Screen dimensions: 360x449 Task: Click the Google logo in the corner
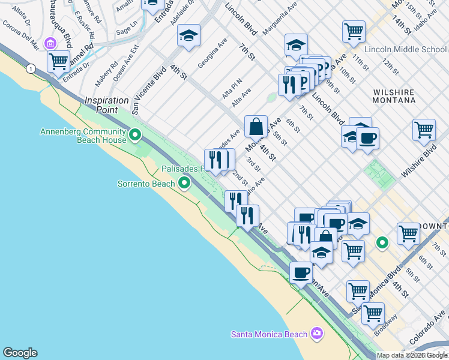[x=20, y=353]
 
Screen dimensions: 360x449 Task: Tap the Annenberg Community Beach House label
[x=83, y=136]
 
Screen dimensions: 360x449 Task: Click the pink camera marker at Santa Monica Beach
[x=317, y=334]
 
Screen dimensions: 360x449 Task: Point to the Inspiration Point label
[x=107, y=105]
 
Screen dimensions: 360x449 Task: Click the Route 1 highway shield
[x=31, y=70]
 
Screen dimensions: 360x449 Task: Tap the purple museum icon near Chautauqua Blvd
[x=50, y=44]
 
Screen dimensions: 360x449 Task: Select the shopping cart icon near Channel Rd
[x=59, y=61]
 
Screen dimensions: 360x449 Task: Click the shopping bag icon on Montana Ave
[x=256, y=127]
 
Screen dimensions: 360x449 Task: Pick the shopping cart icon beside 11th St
[x=354, y=31]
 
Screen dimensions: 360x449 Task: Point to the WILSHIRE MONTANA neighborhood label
[x=394, y=96]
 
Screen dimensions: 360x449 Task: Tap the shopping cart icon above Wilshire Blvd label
[x=424, y=130]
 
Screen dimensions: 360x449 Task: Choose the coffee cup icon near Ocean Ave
[x=301, y=273]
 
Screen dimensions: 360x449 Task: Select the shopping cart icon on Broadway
[x=373, y=313]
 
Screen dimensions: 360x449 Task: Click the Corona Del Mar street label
[x=20, y=35]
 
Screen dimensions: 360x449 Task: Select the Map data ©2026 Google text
[x=412, y=355]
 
